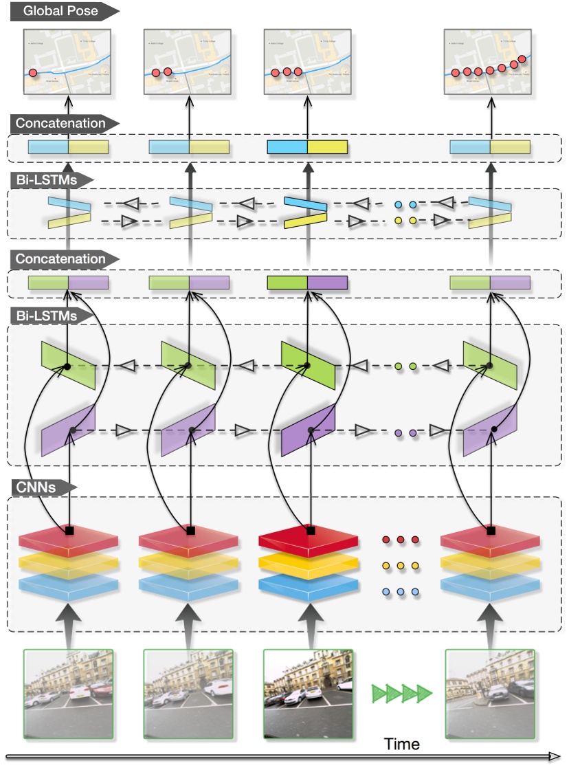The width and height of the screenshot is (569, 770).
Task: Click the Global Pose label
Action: click(60, 11)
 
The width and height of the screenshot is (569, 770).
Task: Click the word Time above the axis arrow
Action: click(402, 744)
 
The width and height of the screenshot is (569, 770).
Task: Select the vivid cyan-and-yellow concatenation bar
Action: click(307, 147)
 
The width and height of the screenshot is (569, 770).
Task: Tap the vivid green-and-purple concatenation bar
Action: click(307, 283)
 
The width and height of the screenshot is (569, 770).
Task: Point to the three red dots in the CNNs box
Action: click(400, 540)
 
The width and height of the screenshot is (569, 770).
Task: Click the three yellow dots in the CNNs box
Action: click(400, 566)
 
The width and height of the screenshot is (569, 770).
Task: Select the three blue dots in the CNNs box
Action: click(400, 591)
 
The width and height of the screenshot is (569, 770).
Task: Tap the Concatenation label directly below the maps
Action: click(60, 124)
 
